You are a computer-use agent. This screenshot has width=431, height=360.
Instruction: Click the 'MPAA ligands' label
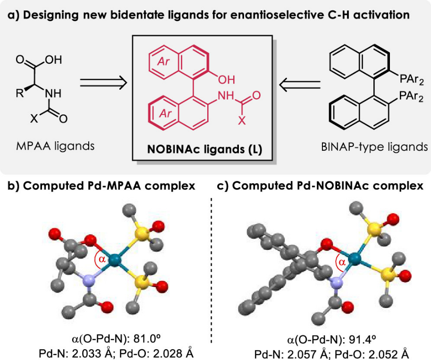click(x=53, y=146)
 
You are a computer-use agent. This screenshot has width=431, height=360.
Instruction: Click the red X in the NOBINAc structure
click(x=242, y=121)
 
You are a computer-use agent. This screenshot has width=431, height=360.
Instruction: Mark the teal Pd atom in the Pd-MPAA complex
click(x=114, y=259)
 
